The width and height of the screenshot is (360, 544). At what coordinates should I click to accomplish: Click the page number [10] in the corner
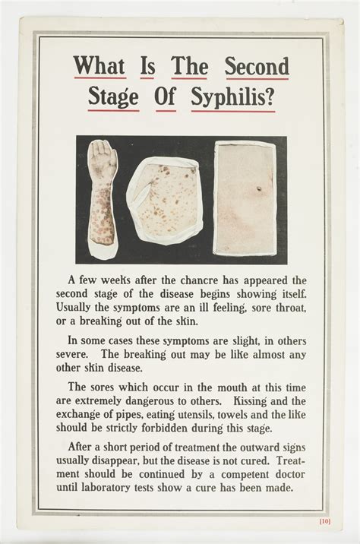coord(324,520)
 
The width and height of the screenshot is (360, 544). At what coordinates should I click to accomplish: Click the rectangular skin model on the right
coord(243,198)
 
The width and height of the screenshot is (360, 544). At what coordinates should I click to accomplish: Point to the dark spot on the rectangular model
coord(257,188)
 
